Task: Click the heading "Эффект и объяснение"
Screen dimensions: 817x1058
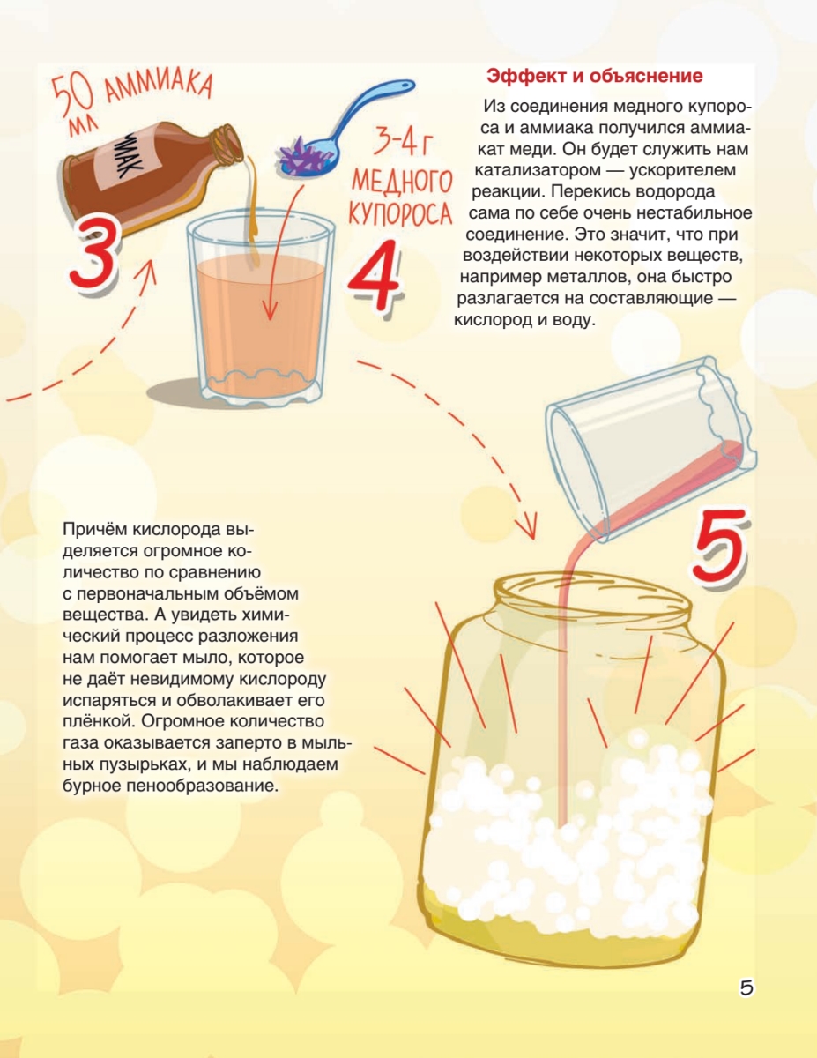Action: (595, 77)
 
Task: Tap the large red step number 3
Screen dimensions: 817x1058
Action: (94, 253)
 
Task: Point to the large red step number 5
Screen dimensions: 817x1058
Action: (720, 544)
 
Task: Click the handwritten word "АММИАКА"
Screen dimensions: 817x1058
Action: (158, 87)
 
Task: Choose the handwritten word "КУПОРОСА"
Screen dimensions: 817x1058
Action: (400, 213)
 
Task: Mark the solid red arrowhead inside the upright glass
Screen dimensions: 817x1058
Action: (270, 310)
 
